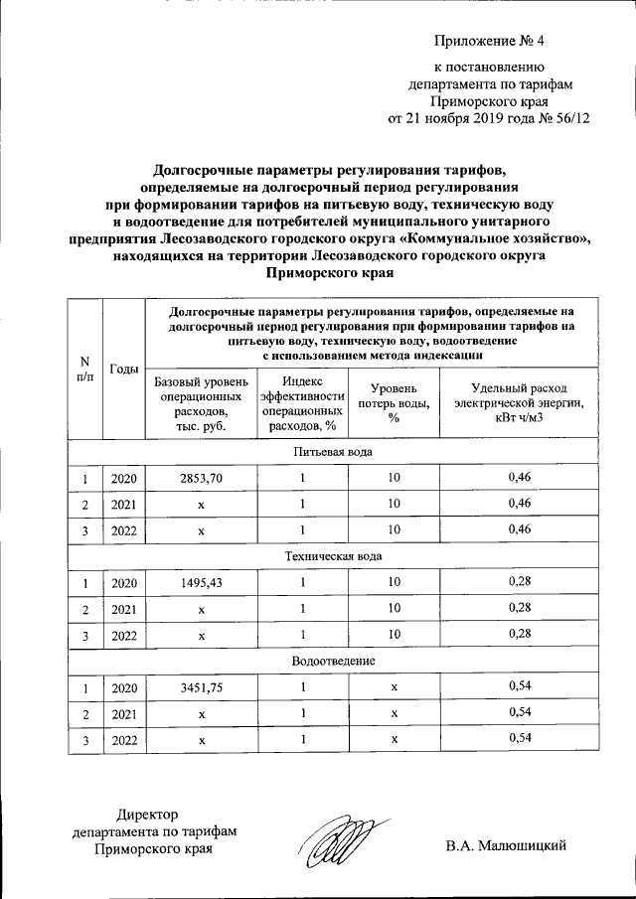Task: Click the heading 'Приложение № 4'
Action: click(x=490, y=41)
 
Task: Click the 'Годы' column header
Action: click(x=124, y=370)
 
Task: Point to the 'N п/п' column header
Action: click(x=84, y=370)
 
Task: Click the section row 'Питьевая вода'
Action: click(x=333, y=452)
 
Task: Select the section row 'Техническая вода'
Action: click(x=333, y=556)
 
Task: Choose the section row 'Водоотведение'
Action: click(x=333, y=661)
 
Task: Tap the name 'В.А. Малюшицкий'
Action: click(x=506, y=846)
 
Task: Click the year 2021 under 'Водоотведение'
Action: click(x=124, y=712)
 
